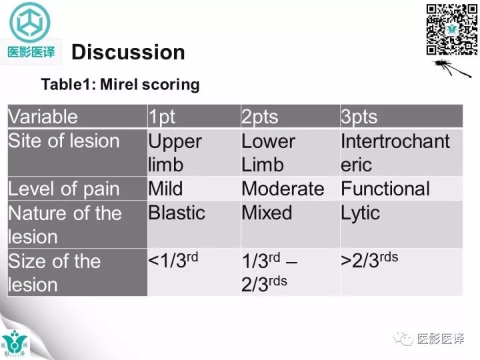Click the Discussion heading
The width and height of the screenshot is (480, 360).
pyautogui.click(x=128, y=52)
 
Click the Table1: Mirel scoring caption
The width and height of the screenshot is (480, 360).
pyautogui.click(x=120, y=85)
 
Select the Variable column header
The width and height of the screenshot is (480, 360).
pyautogui.click(x=43, y=117)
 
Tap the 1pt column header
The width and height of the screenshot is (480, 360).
pyautogui.click(x=162, y=117)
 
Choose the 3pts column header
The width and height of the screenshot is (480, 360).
pyautogui.click(x=359, y=117)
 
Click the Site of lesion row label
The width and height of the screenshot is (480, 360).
pyautogui.click(x=63, y=141)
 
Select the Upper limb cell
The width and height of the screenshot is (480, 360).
pyautogui.click(x=175, y=153)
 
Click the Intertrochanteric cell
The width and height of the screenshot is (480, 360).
pyautogui.click(x=395, y=153)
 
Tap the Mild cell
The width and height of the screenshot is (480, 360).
pyautogui.click(x=165, y=189)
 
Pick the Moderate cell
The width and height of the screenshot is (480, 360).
pyautogui.click(x=283, y=189)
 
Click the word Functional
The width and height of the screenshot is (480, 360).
pyautogui.click(x=385, y=189)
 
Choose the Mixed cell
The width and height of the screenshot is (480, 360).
pyautogui.click(x=267, y=213)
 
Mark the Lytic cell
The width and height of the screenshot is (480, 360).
pyautogui.click(x=360, y=213)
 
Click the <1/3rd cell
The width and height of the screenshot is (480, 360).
pyautogui.click(x=173, y=261)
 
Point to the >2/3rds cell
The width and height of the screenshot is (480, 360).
pyautogui.click(x=369, y=261)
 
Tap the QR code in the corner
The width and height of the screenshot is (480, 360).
pyautogui.click(x=451, y=29)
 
